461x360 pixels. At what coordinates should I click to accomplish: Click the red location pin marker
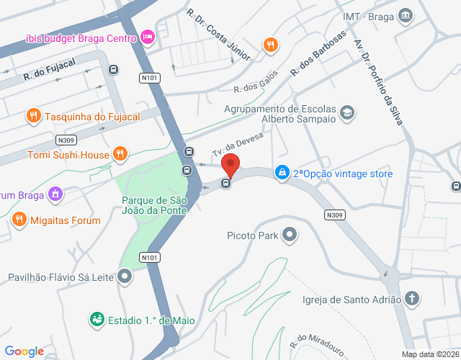point(230,165)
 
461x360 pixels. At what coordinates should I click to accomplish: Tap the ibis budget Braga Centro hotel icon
point(148,37)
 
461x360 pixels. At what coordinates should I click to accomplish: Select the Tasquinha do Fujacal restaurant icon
point(32,115)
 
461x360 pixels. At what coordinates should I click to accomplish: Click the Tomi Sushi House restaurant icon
point(120,154)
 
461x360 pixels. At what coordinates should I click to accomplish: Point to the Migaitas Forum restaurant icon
point(19,220)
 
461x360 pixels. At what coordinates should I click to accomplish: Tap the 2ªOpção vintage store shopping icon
point(281,173)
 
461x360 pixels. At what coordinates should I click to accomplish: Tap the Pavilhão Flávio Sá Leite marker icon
point(125,276)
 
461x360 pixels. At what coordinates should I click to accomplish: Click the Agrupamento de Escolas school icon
point(347,112)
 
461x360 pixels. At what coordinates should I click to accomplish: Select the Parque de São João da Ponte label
point(153,204)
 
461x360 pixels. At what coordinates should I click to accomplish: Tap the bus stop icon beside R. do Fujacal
point(113,69)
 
